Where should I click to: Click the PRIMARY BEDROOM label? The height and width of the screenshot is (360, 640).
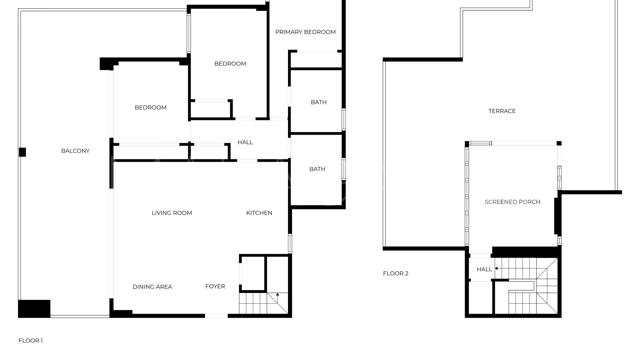(x=305, y=32)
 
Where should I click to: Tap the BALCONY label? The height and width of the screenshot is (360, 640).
(x=75, y=151)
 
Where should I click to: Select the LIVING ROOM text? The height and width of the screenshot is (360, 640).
(x=172, y=213)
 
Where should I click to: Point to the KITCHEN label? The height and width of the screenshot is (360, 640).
(x=259, y=213)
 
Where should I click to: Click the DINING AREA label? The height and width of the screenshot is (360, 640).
(x=152, y=287)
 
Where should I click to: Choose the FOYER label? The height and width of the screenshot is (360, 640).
(x=215, y=286)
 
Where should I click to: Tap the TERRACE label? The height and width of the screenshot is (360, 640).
(x=502, y=111)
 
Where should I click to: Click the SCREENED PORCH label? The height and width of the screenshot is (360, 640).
(x=512, y=202)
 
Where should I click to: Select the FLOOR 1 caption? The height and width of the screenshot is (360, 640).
(x=31, y=341)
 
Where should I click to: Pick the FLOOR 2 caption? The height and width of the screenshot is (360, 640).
(x=396, y=274)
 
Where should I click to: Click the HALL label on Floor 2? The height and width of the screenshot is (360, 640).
(x=484, y=269)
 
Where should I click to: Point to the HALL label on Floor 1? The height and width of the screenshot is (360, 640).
(x=245, y=142)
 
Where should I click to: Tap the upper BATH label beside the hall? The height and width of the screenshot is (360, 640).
(x=319, y=102)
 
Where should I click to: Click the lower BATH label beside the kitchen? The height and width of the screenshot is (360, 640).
(x=317, y=169)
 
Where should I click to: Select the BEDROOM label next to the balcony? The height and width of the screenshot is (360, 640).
(x=150, y=108)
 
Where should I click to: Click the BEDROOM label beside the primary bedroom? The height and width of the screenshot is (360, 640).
(x=230, y=64)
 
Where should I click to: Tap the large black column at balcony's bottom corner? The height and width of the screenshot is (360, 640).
(x=34, y=309)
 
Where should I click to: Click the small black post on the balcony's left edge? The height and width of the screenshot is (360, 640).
(x=22, y=152)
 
